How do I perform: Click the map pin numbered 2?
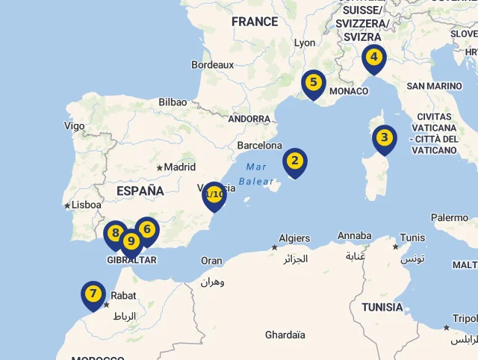pos(295,161)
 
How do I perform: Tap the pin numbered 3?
pos(384,137)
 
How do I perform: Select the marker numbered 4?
pos(374,57)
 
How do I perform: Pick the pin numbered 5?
pos(313,83)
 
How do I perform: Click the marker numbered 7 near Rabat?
pos(93,294)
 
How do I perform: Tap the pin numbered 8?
pos(114,233)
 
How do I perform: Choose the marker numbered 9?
pos(131,241)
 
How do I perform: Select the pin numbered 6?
pos(148,229)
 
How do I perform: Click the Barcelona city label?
pos(259,145)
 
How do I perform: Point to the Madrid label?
pos(179,167)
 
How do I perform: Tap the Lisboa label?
pos(86,204)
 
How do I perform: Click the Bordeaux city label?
pos(213,65)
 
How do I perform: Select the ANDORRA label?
pos(249,119)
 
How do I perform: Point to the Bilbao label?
pos(173,102)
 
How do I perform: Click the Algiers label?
pos(294,238)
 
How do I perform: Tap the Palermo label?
pos(450,217)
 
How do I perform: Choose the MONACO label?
pos(349,91)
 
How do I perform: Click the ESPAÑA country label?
pos(140,191)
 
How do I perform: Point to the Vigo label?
pos(75,125)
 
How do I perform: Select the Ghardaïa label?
pos(285,335)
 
